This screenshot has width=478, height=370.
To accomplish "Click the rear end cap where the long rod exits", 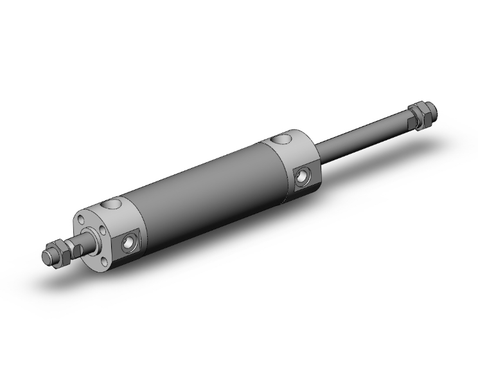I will [x=295, y=161].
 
